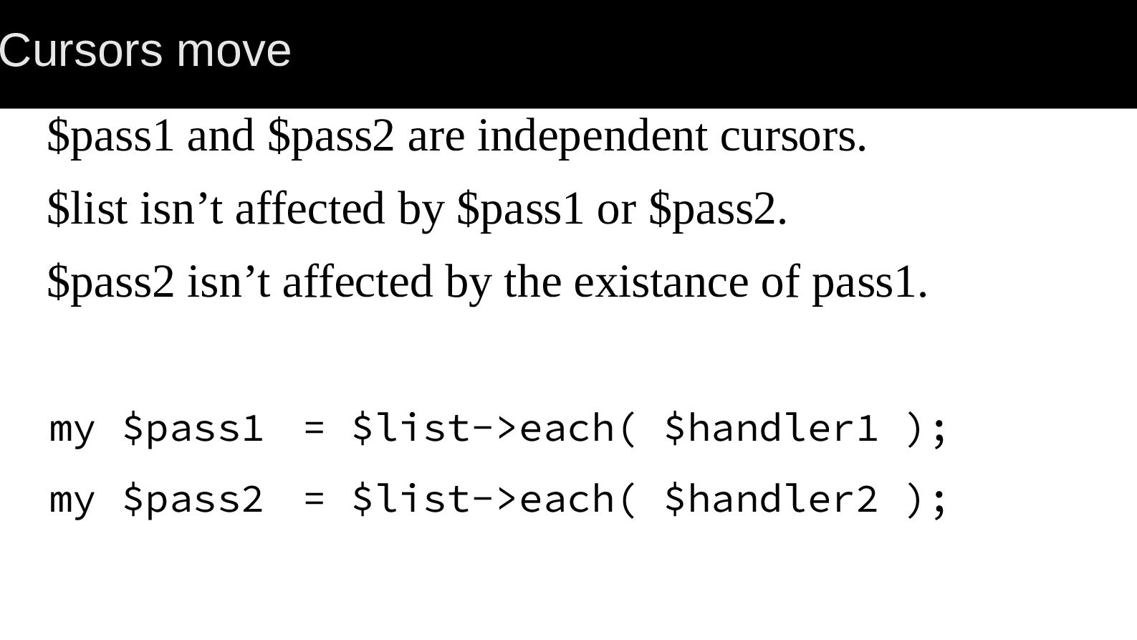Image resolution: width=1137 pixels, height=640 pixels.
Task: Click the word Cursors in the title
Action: [x=81, y=50]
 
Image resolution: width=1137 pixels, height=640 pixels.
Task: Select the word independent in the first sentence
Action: [x=593, y=136]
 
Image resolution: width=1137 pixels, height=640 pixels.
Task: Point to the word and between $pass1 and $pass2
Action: [x=221, y=135]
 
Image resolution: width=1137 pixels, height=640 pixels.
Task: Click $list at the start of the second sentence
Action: [x=87, y=209]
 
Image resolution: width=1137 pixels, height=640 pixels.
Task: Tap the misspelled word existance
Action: [x=661, y=282]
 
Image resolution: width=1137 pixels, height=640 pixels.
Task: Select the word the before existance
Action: [x=532, y=282]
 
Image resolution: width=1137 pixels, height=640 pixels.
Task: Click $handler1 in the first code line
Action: [x=770, y=428]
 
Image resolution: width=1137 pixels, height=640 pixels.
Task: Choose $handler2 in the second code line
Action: [x=770, y=499]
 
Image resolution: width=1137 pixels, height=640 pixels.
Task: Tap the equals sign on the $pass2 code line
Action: [x=315, y=500]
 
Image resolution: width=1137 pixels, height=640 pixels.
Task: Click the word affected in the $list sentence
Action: [x=310, y=209]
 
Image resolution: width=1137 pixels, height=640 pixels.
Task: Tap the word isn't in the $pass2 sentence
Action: [x=229, y=282]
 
